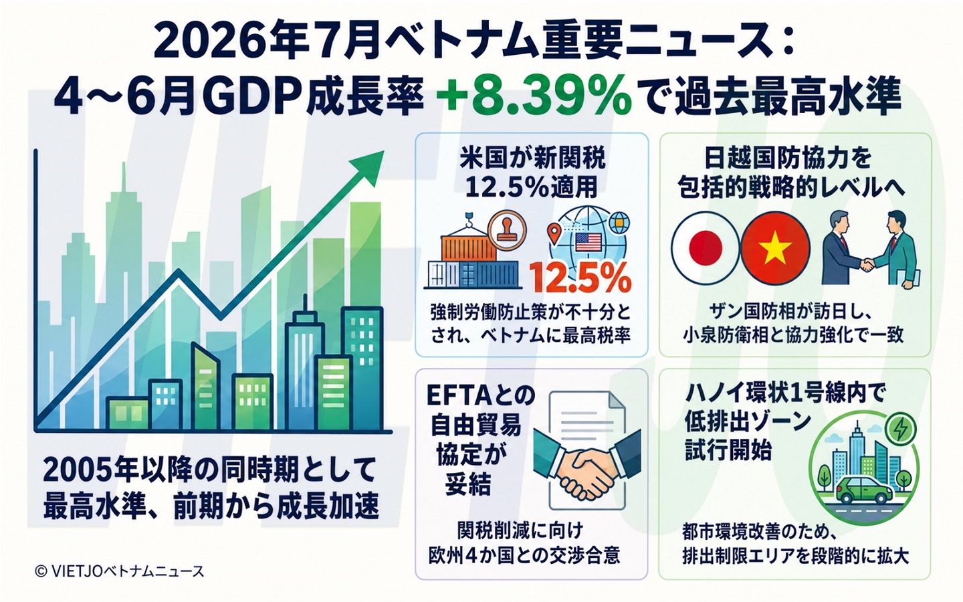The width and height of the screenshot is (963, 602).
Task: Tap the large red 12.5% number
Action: click(x=580, y=278)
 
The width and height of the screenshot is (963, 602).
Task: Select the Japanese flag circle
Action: click(x=705, y=248)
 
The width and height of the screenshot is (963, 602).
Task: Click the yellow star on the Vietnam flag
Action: click(x=775, y=248)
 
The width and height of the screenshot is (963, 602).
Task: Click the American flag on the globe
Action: click(x=587, y=243)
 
